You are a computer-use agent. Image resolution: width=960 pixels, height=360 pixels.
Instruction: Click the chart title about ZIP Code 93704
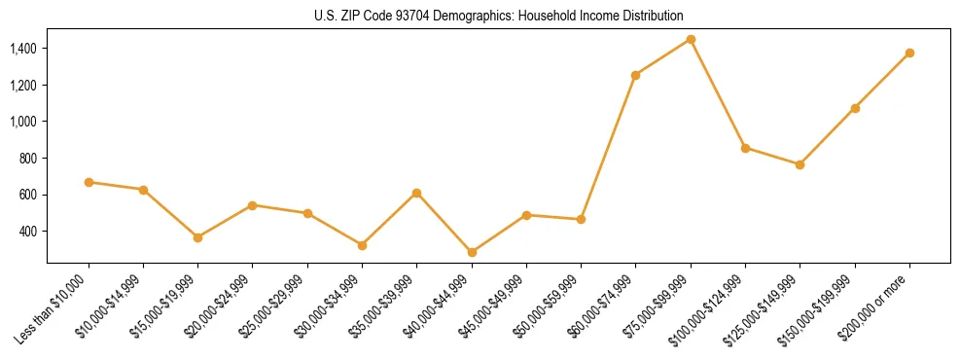(499, 17)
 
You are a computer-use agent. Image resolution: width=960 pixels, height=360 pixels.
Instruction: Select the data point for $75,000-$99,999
(691, 39)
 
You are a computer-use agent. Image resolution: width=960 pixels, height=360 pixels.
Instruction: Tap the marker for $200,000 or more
(909, 53)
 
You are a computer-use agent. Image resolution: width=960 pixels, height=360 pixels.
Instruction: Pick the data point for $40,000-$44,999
(472, 252)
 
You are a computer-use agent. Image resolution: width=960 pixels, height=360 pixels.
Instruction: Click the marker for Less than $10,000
(89, 182)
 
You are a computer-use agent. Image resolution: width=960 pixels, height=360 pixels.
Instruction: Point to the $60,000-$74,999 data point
(635, 75)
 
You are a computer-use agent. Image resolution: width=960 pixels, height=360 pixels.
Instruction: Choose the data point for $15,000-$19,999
(197, 237)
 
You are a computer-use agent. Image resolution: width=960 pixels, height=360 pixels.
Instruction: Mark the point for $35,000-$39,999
(416, 193)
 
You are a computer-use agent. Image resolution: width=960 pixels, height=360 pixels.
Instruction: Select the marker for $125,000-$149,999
(800, 164)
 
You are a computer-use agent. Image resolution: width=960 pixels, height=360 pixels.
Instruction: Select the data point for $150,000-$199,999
(855, 108)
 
